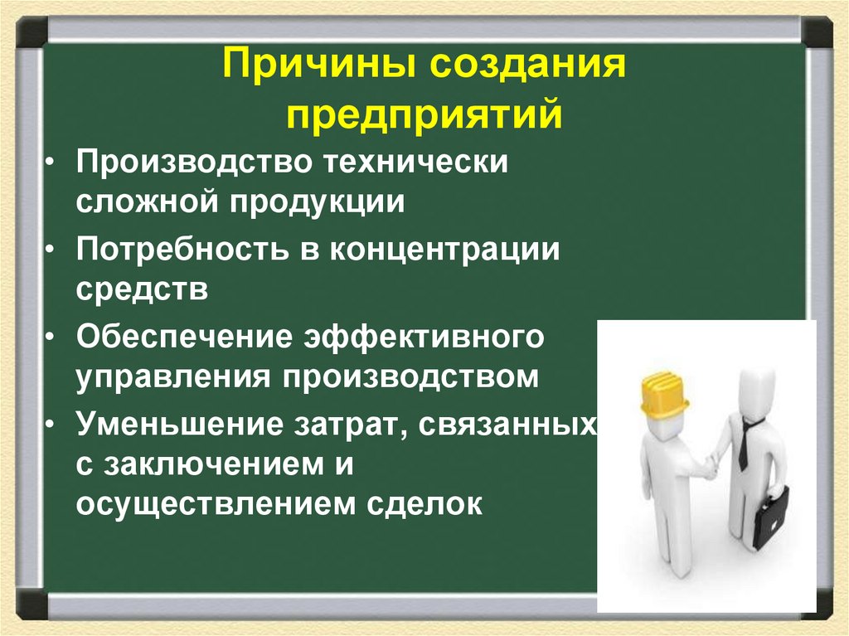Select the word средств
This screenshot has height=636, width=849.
pos(142,290)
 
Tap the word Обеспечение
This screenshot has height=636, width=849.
pos(185,338)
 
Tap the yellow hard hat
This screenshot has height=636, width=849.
pos(664,393)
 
